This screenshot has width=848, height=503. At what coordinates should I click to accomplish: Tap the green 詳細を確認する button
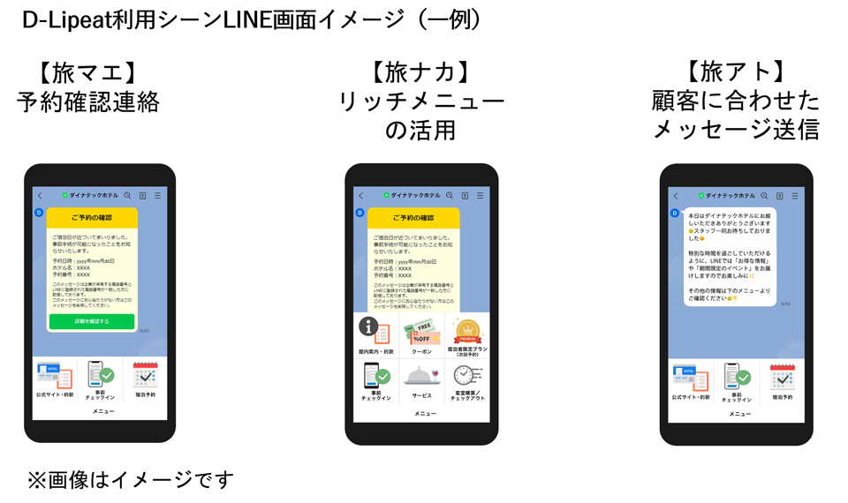tap(92, 321)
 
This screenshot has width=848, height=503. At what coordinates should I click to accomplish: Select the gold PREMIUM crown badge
tap(467, 332)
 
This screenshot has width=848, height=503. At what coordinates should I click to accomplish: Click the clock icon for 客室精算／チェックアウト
tap(467, 376)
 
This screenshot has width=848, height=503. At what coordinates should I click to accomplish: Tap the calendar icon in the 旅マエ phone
tap(145, 375)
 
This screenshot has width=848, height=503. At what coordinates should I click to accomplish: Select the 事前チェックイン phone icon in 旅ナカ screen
tap(374, 377)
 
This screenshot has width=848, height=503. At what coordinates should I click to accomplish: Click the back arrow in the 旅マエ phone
tap(39, 195)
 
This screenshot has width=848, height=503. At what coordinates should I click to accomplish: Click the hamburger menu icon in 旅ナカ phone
tap(479, 195)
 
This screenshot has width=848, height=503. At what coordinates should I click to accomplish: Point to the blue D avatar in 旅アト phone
tap(675, 213)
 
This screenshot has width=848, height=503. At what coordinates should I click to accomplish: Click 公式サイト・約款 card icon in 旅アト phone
tap(690, 377)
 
